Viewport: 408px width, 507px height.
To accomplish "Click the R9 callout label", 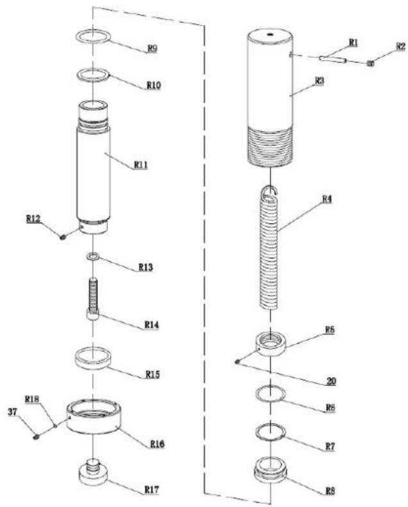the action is pyautogui.click(x=152, y=49).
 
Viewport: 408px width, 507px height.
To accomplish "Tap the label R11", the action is pyautogui.click(x=141, y=165).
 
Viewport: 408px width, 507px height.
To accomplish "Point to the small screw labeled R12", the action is pyautogui.click(x=63, y=237).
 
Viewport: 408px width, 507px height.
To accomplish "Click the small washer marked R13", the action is pyautogui.click(x=93, y=257).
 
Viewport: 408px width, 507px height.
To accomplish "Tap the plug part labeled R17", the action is pyautogui.click(x=93, y=472).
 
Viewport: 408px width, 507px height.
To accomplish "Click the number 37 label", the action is pyautogui.click(x=13, y=412).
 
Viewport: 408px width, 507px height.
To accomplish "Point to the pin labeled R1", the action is pyautogui.click(x=333, y=60).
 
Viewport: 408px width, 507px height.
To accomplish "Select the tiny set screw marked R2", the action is pyautogui.click(x=370, y=64).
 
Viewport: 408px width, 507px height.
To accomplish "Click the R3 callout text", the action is pyautogui.click(x=319, y=81).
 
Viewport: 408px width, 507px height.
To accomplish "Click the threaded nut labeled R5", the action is pyautogui.click(x=271, y=346).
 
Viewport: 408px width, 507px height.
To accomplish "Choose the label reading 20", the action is pyautogui.click(x=330, y=381).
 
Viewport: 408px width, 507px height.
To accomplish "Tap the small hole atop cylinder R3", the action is pyautogui.click(x=270, y=34).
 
